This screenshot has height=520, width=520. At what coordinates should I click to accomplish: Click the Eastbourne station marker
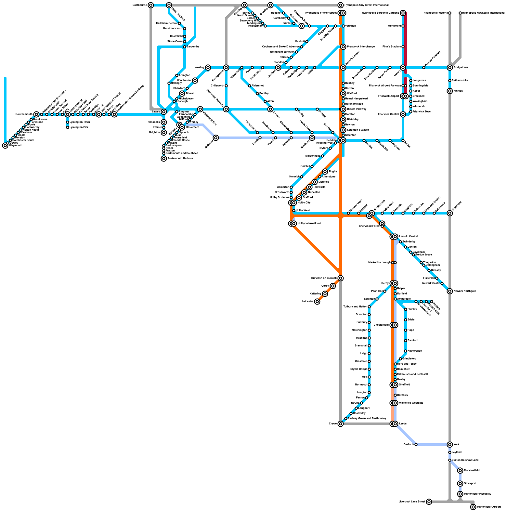(x=151, y=5)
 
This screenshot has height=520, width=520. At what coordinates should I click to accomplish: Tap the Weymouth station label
(x=15, y=145)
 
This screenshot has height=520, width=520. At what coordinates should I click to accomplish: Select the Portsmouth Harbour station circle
(x=164, y=159)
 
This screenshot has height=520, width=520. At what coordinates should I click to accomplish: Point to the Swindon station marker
(x=216, y=138)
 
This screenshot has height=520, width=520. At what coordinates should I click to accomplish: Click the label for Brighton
(x=155, y=133)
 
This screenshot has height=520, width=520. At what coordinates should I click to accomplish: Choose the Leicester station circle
(x=317, y=302)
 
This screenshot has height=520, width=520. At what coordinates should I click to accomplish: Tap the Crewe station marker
(x=341, y=424)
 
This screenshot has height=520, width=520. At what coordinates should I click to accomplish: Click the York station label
(x=457, y=444)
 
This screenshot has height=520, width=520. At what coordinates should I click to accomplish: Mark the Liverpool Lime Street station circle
(x=429, y=502)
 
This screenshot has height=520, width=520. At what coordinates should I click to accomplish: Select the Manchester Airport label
(x=489, y=507)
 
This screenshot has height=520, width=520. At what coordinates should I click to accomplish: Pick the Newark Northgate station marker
(x=450, y=291)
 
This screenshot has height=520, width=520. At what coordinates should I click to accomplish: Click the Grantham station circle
(x=450, y=213)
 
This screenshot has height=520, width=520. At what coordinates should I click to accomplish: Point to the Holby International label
(x=309, y=223)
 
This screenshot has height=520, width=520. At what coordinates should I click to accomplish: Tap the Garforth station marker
(x=416, y=445)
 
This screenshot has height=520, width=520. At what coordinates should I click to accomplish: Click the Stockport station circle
(x=460, y=484)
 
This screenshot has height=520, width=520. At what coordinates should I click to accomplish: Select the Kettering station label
(x=315, y=293)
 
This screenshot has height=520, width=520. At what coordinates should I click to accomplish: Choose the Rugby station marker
(x=325, y=172)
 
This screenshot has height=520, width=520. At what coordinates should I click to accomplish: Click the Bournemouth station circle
(x=36, y=114)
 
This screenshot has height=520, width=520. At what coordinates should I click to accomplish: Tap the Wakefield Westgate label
(x=411, y=403)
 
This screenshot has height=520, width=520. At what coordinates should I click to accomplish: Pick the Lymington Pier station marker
(x=68, y=127)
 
